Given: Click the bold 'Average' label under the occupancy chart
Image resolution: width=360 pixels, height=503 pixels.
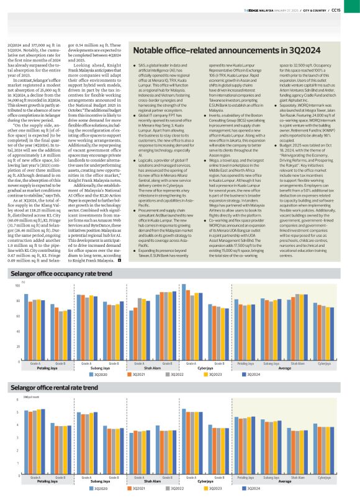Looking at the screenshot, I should point(285,368).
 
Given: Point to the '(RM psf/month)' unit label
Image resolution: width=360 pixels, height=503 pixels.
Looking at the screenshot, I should point(22,395).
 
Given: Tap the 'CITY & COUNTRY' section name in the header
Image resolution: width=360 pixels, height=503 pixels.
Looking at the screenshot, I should point(324,9).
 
